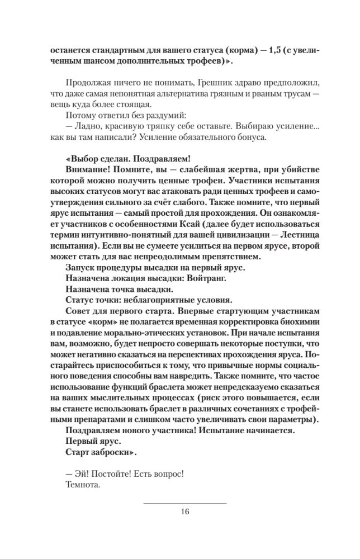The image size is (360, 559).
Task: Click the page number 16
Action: click(x=185, y=511)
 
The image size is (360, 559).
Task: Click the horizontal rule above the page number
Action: click(x=185, y=503)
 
